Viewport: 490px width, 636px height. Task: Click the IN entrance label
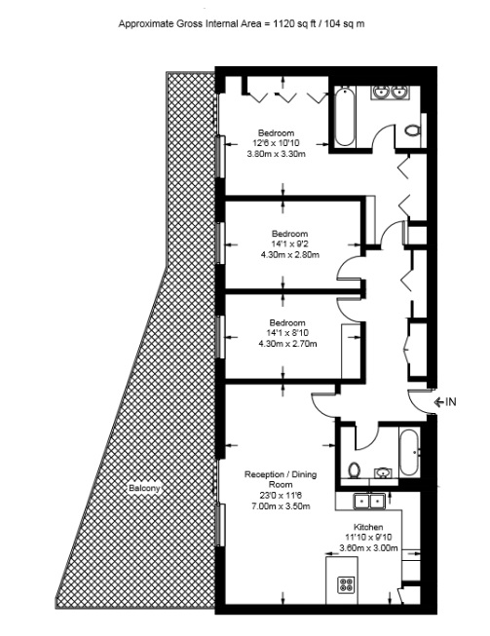[451, 402]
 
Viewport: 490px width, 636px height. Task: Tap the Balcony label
[144, 488]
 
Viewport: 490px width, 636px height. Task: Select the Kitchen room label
[368, 527]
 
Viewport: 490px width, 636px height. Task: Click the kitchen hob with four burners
[346, 585]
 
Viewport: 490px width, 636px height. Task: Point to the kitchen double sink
[368, 501]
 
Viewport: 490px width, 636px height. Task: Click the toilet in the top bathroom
[412, 131]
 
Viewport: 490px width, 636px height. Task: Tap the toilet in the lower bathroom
[355, 469]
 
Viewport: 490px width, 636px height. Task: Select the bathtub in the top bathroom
[345, 117]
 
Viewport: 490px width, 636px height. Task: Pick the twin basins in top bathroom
[390, 93]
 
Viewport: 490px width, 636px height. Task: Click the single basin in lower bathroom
[383, 472]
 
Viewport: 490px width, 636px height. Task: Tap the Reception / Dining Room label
[281, 479]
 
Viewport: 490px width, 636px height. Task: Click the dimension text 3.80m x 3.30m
[276, 154]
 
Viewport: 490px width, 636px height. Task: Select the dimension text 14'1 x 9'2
[289, 244]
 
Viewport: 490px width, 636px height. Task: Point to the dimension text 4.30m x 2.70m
[287, 344]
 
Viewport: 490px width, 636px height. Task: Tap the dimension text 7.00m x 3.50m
[281, 505]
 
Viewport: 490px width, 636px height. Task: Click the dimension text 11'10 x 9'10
[368, 537]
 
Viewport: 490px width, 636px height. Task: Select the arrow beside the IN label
[439, 402]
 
